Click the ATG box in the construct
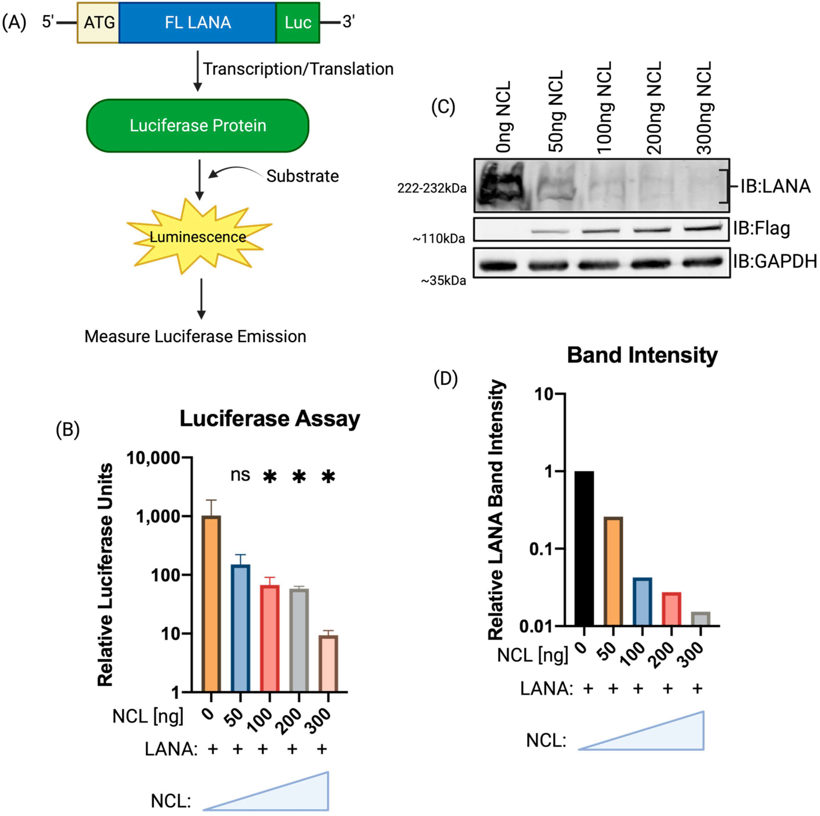pos(98,23)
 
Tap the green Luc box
pos(298,23)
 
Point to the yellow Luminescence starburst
pos(198,236)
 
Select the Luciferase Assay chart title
pos(270,419)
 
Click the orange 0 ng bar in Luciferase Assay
pos(211,603)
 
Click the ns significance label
pos(240,475)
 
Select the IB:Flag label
pos(761,228)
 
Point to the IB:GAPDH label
pos(775,262)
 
